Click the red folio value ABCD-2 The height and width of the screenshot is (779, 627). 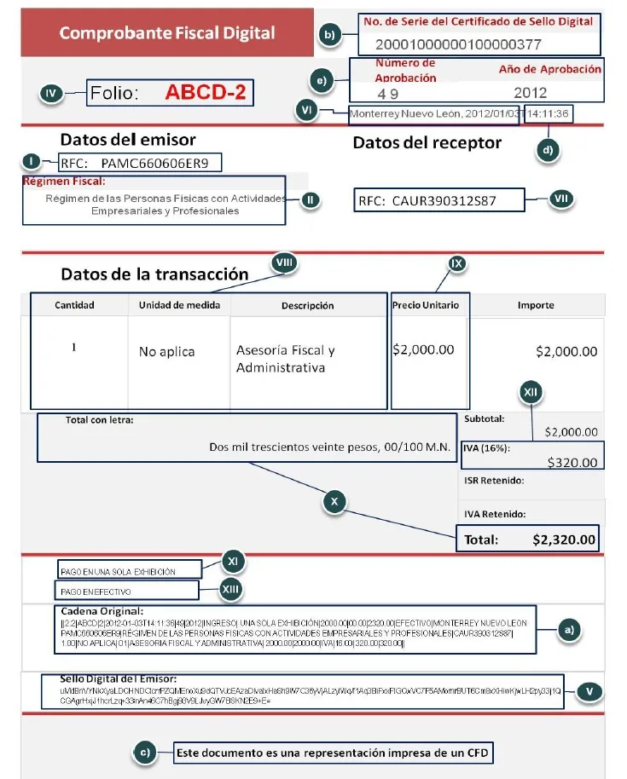(x=205, y=93)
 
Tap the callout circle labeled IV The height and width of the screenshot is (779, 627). (x=53, y=95)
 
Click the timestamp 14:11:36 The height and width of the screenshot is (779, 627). (x=549, y=113)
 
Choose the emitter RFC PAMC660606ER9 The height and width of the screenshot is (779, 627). (x=154, y=162)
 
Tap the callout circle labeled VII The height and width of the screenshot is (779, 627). (x=560, y=199)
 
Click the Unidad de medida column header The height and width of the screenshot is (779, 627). (x=180, y=305)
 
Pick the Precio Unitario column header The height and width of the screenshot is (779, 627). (x=425, y=305)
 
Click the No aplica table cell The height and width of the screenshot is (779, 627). (x=167, y=351)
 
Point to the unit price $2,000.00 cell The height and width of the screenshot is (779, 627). (x=423, y=349)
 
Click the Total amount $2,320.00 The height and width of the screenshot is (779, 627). (x=564, y=540)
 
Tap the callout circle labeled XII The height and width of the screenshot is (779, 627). (x=531, y=393)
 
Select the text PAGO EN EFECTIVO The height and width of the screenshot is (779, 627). (x=95, y=591)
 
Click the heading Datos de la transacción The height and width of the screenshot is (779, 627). (x=154, y=274)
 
